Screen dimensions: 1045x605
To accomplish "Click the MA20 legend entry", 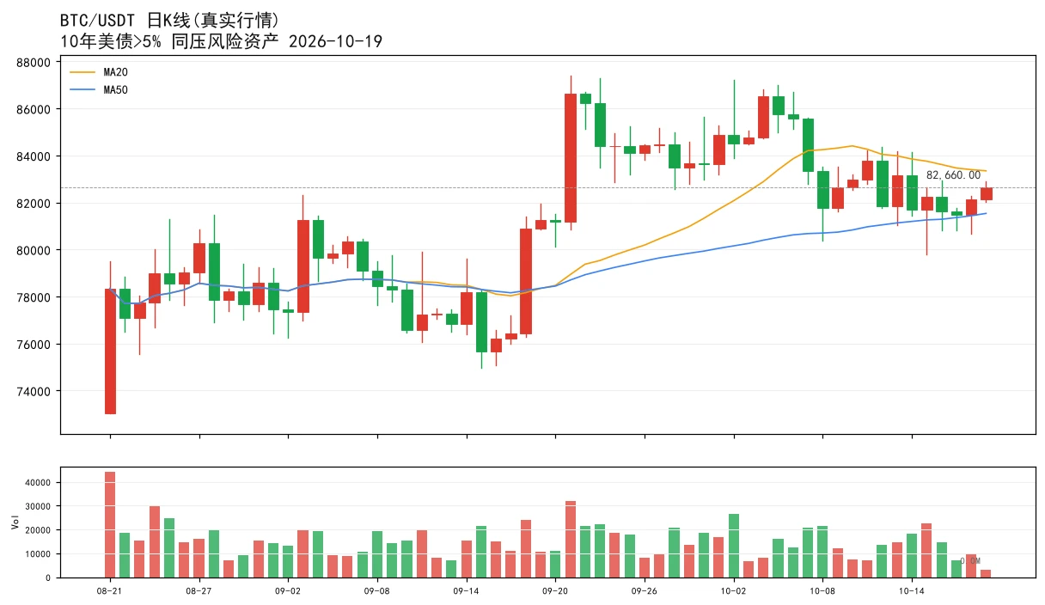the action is [99, 72].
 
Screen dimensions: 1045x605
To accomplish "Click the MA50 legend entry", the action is [99, 89].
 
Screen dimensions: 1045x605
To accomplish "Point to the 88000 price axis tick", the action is [34, 63].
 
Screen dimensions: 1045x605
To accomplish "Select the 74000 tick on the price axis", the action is [34, 391].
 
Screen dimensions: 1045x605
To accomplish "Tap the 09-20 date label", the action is [555, 591].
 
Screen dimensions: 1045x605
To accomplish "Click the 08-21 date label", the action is [109, 591].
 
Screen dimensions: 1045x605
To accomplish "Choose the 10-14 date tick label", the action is [912, 591].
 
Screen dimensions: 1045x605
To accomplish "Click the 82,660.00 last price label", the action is [953, 175].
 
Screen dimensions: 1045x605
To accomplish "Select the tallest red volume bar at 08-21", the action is [110, 525].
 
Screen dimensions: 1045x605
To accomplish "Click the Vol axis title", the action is [15, 522].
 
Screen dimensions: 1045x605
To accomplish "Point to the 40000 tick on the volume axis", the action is [38, 483].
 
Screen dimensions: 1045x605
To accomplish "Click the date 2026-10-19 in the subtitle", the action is [335, 41].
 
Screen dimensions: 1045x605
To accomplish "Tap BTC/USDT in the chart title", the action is [97, 21].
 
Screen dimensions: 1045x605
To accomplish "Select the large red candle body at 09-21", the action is [571, 158].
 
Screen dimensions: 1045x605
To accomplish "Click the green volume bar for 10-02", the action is [734, 546].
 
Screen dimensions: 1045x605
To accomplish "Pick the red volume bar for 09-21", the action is [571, 540].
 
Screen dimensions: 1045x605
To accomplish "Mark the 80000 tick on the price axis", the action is [34, 250].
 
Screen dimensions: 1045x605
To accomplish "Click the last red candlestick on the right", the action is [987, 194].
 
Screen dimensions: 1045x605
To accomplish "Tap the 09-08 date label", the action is [377, 591].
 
